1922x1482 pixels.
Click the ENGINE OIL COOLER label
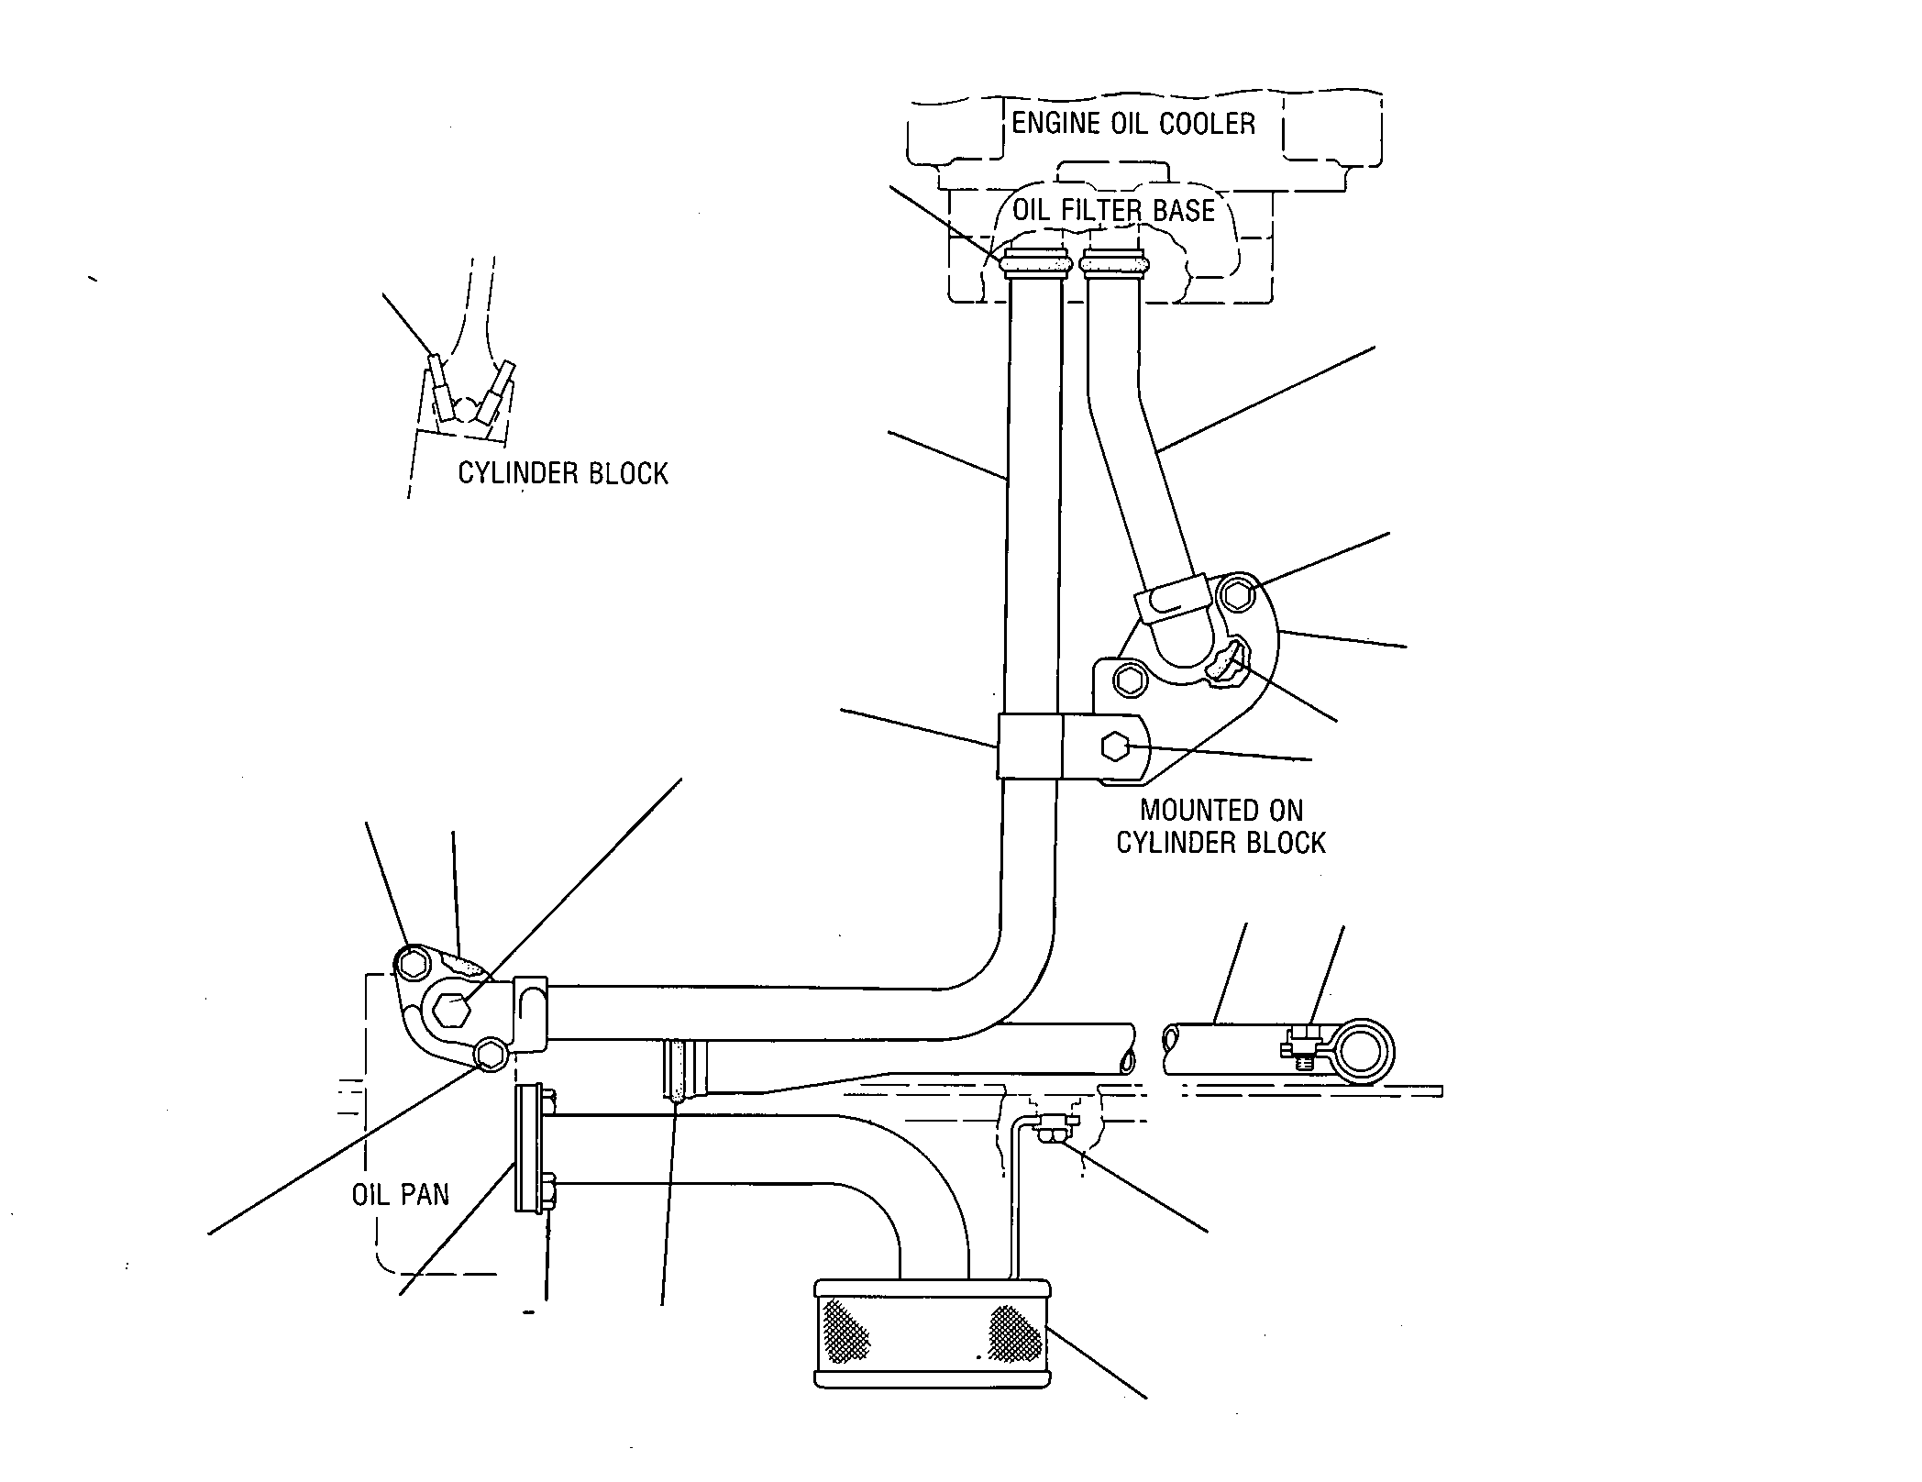point(1133,123)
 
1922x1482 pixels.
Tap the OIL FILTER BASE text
point(1113,210)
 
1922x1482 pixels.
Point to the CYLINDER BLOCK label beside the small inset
point(563,473)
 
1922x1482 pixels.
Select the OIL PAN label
point(401,1194)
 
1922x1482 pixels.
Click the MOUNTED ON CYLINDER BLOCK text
point(1221,826)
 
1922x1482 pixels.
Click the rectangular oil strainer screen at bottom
point(933,1346)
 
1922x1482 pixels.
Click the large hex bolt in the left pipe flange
point(452,1010)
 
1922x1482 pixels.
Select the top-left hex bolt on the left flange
point(414,963)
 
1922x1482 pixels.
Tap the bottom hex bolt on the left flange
point(491,1055)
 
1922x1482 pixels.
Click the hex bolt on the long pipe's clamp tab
point(1115,747)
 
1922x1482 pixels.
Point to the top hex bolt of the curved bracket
point(1239,594)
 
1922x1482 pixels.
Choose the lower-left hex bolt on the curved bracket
point(1130,680)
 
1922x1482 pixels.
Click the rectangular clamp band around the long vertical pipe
point(1030,747)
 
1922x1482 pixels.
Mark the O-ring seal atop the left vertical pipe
point(1036,264)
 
